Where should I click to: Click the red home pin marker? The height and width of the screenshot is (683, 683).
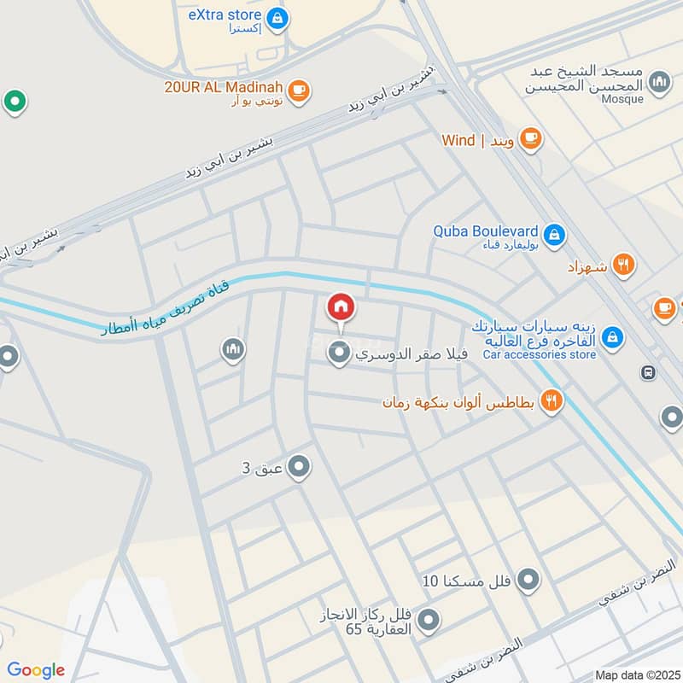pyautogui.click(x=341, y=306)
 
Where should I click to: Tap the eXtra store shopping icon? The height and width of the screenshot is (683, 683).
pyautogui.click(x=276, y=16)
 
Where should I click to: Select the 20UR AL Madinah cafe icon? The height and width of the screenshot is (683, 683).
pyautogui.click(x=298, y=90)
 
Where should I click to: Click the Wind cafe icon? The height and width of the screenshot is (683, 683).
pyautogui.click(x=530, y=138)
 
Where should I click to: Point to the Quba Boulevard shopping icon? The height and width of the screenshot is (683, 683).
pyautogui.click(x=554, y=233)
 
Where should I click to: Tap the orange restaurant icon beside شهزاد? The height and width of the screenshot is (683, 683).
pyautogui.click(x=624, y=266)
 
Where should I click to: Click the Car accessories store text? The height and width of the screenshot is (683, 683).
pyautogui.click(x=539, y=354)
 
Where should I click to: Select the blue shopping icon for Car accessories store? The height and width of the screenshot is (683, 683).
pyautogui.click(x=611, y=339)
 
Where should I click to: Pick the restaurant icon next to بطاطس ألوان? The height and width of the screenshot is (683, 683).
pyautogui.click(x=552, y=400)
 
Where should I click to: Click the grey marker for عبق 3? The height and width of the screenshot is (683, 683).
pyautogui.click(x=299, y=467)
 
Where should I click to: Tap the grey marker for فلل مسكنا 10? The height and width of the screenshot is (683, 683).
pyautogui.click(x=529, y=581)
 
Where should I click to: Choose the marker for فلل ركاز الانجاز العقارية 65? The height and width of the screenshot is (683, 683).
pyautogui.click(x=429, y=621)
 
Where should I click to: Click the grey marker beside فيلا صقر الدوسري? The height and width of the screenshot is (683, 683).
pyautogui.click(x=340, y=353)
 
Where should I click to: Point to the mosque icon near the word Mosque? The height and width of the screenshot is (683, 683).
pyautogui.click(x=658, y=82)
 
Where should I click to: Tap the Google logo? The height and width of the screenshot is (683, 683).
pyautogui.click(x=36, y=670)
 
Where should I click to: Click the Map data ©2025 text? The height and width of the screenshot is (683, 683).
pyautogui.click(x=637, y=674)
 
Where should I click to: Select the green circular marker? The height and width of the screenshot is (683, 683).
pyautogui.click(x=15, y=102)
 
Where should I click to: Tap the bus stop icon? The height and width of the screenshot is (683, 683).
pyautogui.click(x=648, y=372)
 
